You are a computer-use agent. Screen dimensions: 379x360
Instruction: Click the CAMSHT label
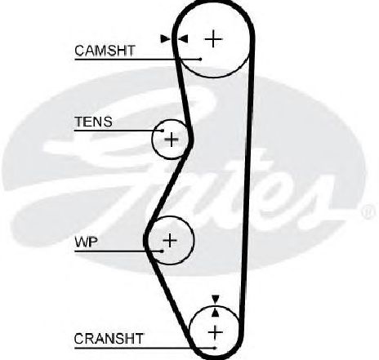click(105, 51)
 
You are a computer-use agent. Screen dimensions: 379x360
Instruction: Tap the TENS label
click(93, 122)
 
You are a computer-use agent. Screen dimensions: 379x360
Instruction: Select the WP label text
click(86, 242)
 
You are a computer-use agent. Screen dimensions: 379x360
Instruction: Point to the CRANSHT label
click(109, 339)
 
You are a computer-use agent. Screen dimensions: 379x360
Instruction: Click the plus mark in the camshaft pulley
click(213, 39)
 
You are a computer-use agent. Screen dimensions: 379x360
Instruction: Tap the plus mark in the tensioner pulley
click(172, 140)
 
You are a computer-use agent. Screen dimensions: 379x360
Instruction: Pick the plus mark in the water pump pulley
click(170, 240)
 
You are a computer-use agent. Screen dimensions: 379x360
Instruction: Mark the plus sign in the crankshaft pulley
click(215, 332)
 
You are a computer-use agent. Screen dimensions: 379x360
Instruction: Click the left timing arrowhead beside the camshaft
click(165, 39)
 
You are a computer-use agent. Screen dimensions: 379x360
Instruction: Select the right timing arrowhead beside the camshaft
click(183, 39)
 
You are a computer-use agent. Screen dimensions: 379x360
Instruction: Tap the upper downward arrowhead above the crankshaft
click(216, 299)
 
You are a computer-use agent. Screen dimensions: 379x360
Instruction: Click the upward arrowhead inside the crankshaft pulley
click(216, 313)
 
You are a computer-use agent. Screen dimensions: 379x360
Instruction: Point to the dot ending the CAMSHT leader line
click(201, 59)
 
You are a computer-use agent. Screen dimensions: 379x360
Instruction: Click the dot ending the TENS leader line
click(163, 131)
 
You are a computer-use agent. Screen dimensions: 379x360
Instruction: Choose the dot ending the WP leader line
click(163, 251)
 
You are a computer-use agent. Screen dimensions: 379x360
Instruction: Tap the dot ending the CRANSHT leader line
click(215, 348)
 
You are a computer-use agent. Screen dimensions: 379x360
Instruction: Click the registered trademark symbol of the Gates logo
click(368, 212)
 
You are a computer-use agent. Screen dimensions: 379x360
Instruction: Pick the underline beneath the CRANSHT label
click(145, 348)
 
